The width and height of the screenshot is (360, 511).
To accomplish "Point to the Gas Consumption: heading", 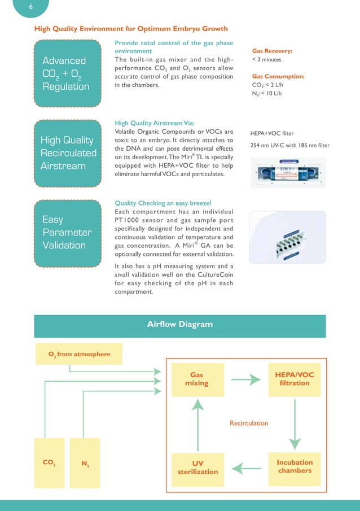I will click(278, 76).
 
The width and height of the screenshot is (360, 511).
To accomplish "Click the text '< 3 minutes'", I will click(266, 59).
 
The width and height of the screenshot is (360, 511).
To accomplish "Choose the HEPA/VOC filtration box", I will click(295, 378).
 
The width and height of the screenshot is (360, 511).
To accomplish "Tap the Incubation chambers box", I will click(295, 466).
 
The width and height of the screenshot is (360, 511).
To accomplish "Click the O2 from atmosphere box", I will click(79, 354).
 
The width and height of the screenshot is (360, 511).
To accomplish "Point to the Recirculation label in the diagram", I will click(249, 422).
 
